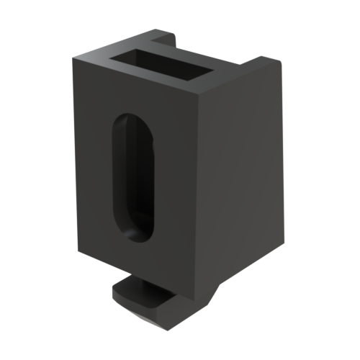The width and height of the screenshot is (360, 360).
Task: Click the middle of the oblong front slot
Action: [x=134, y=176]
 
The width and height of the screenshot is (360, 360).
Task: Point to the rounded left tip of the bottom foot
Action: [x=116, y=291]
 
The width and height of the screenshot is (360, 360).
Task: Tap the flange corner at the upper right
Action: [x=277, y=63]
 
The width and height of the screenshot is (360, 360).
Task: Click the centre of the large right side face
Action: [x=241, y=180]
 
